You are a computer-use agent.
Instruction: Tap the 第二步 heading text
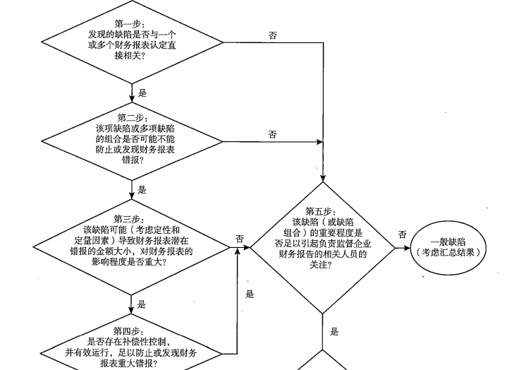click(132, 117)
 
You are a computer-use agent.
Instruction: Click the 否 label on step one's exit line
click(273, 35)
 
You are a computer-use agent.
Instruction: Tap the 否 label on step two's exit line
click(272, 134)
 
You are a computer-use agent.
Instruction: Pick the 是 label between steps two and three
click(142, 190)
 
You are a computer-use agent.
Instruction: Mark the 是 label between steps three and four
click(142, 304)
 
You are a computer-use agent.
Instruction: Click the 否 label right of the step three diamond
click(240, 239)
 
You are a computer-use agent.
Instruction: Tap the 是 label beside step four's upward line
click(249, 294)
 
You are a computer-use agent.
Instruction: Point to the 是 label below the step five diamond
click(334, 331)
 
